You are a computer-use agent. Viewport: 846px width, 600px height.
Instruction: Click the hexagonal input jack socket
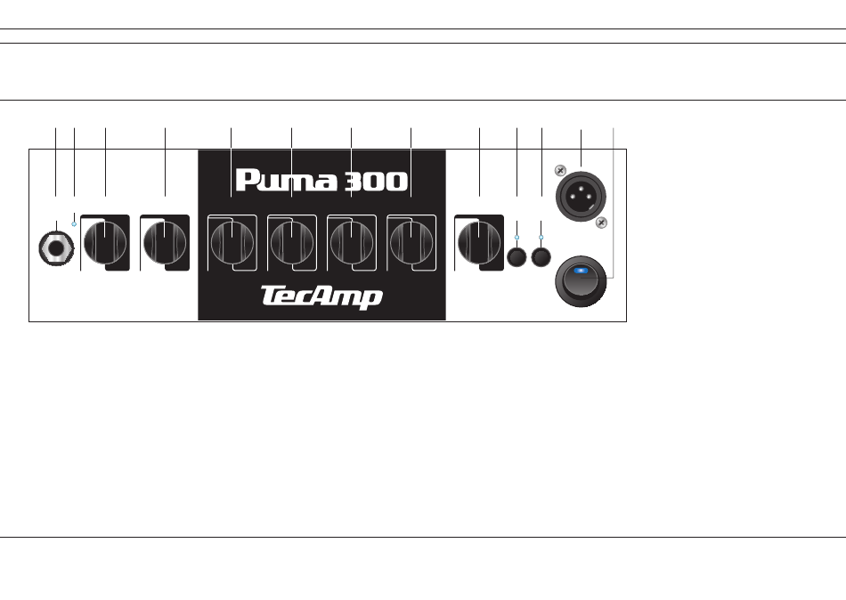coord(55,248)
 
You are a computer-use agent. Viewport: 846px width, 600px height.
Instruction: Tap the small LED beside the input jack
coord(74,225)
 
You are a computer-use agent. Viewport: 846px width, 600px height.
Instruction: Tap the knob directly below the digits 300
coord(351,242)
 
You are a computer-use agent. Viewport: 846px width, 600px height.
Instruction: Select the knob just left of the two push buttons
coord(479,242)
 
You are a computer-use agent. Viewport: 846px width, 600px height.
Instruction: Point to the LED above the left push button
coord(517,238)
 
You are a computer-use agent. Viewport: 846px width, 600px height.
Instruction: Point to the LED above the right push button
coord(541,238)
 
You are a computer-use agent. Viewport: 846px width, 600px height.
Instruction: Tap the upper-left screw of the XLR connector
coord(559,171)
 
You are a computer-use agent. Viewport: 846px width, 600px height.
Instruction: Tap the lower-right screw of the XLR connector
coord(601,222)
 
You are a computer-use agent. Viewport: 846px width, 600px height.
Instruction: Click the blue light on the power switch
coord(582,272)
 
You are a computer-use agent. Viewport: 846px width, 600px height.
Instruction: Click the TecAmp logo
coord(321,296)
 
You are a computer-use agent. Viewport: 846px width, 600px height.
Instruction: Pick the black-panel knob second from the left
coord(291,242)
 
